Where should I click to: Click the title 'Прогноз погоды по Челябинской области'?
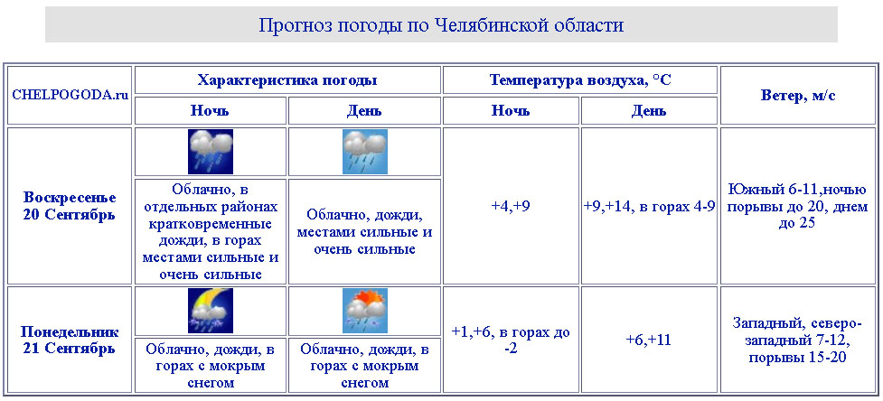tap(441, 25)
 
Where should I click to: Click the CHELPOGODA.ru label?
tap(70, 95)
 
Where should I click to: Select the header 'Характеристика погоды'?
tap(287, 79)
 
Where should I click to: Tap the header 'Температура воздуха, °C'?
tap(580, 79)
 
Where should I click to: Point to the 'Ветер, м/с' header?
tap(797, 95)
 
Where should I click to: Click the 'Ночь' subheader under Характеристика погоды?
tap(210, 110)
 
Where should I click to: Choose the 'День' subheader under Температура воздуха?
tap(649, 111)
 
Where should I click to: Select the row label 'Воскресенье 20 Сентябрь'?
tap(70, 206)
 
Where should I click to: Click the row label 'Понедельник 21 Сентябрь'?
tap(70, 340)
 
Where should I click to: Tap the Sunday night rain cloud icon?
tap(210, 152)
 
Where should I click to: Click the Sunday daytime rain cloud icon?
tap(365, 152)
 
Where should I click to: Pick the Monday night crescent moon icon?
tap(210, 311)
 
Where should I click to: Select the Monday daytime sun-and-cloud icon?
tap(365, 311)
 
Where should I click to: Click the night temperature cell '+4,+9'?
tap(511, 206)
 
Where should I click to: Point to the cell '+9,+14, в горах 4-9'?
tap(649, 207)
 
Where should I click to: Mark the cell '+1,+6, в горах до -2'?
tap(511, 340)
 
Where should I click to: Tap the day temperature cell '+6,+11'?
tap(649, 340)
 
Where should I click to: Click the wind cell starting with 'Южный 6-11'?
tap(797, 206)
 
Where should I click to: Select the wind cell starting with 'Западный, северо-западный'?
tap(797, 340)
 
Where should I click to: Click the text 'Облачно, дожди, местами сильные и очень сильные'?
tap(365, 232)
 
